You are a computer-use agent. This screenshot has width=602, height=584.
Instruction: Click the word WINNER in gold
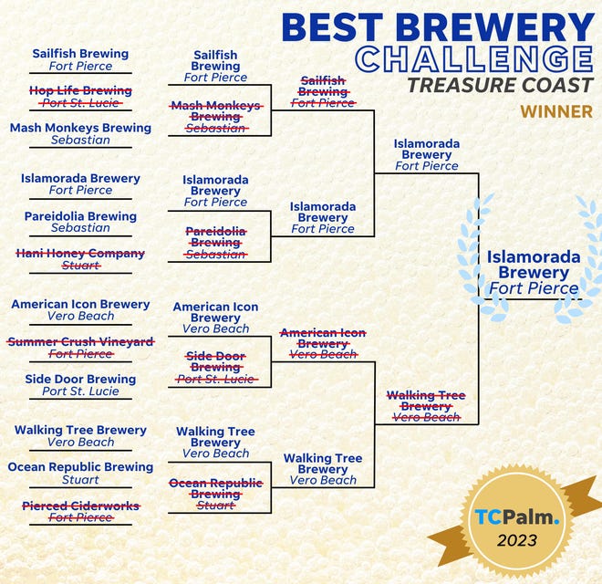tap(556, 112)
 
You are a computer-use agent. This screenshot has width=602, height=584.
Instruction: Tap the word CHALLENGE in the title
tap(474, 58)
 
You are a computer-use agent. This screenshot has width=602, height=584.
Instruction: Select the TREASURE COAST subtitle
tap(501, 85)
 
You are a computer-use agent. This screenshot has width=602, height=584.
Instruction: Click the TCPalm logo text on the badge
tap(517, 516)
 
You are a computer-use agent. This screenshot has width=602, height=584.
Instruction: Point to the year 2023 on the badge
tap(517, 540)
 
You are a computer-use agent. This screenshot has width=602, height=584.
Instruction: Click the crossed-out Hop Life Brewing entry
tap(80, 97)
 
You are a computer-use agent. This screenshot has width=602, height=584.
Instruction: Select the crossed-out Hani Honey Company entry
tap(80, 259)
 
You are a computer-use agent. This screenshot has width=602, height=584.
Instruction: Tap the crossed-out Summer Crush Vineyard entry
tap(80, 348)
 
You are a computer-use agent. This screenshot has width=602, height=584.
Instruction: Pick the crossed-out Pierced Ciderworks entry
tap(81, 511)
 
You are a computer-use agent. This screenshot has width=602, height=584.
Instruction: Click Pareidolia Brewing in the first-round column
tap(80, 222)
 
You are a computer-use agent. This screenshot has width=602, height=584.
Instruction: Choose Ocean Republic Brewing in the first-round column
tap(80, 473)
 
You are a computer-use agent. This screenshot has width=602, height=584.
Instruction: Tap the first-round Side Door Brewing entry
tap(80, 385)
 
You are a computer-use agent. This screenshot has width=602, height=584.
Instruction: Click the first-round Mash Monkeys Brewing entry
tap(80, 133)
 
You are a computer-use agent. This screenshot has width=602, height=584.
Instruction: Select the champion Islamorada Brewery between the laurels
tap(534, 273)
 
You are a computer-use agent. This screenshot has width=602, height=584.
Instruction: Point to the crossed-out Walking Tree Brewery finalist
tap(426, 406)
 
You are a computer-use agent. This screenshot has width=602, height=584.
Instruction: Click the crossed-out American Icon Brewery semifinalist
tap(323, 343)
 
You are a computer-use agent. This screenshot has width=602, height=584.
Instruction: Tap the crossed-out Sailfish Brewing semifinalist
tap(323, 91)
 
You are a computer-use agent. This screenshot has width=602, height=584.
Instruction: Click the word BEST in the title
tap(333, 26)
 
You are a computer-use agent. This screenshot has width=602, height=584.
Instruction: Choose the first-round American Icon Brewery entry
tap(80, 309)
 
